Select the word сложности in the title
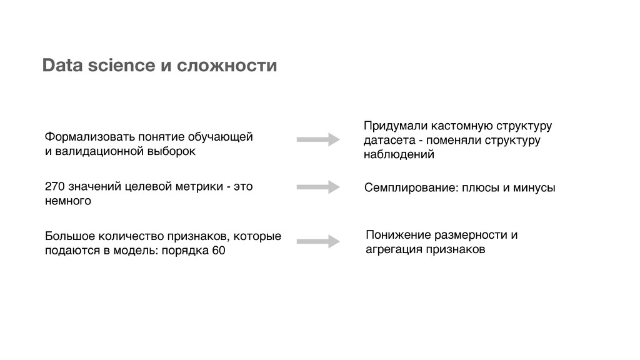(x=227, y=65)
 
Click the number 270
(x=55, y=187)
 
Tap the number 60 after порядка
(x=219, y=251)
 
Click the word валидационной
(x=99, y=151)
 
